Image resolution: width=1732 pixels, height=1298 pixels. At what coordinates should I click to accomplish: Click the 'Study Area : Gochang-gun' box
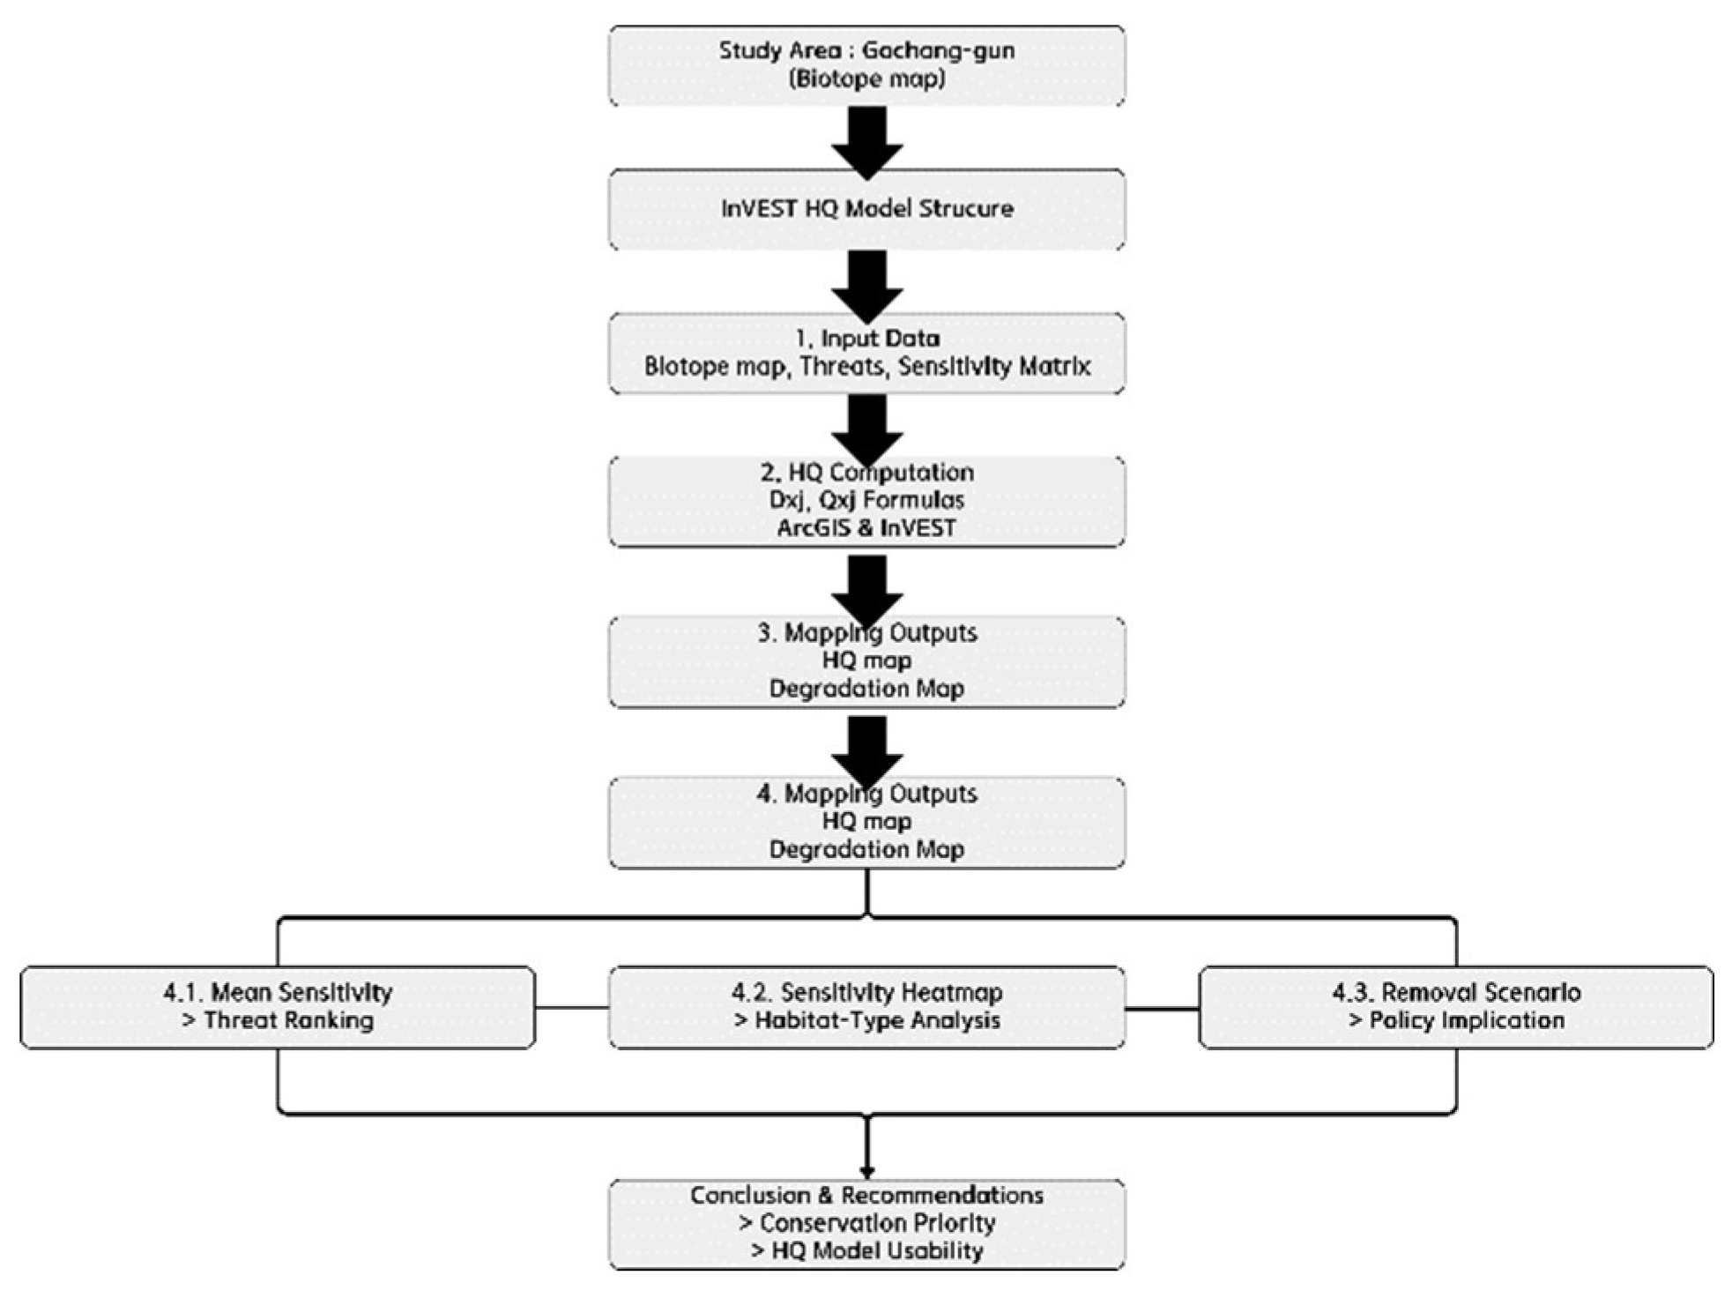pyautogui.click(x=866, y=65)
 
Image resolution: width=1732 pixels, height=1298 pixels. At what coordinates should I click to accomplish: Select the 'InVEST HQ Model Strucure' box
pyautogui.click(x=866, y=209)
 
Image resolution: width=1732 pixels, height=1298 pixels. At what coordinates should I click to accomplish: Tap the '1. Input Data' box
pyautogui.click(x=866, y=353)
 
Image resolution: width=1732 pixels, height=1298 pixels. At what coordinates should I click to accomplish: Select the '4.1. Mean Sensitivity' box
pyautogui.click(x=278, y=1007)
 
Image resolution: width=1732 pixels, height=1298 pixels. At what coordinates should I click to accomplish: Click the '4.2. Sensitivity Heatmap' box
pyautogui.click(x=866, y=1007)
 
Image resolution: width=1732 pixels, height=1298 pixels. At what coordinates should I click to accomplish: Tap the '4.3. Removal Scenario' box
pyautogui.click(x=1456, y=1007)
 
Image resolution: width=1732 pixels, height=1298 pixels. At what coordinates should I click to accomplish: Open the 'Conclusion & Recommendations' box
pyautogui.click(x=866, y=1224)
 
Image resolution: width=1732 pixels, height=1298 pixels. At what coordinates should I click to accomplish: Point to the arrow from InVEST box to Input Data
pyautogui.click(x=867, y=283)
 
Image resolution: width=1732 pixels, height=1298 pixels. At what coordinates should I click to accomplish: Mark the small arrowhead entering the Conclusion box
pyautogui.click(x=867, y=1171)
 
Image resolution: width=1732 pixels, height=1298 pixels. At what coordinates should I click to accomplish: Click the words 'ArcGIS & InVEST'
pyautogui.click(x=866, y=528)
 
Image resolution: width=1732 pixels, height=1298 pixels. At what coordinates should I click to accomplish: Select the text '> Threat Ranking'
pyautogui.click(x=278, y=1021)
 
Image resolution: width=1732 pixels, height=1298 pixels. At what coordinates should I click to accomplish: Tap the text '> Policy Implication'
pyautogui.click(x=1456, y=1021)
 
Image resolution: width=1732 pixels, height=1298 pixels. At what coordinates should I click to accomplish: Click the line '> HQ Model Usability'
pyautogui.click(x=866, y=1251)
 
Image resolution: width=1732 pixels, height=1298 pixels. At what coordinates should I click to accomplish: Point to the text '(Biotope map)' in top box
pyautogui.click(x=866, y=79)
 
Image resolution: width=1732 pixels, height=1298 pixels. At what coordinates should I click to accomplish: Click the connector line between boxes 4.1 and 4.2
pyautogui.click(x=571, y=1007)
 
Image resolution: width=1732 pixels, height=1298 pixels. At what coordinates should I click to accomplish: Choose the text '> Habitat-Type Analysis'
pyautogui.click(x=866, y=1021)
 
